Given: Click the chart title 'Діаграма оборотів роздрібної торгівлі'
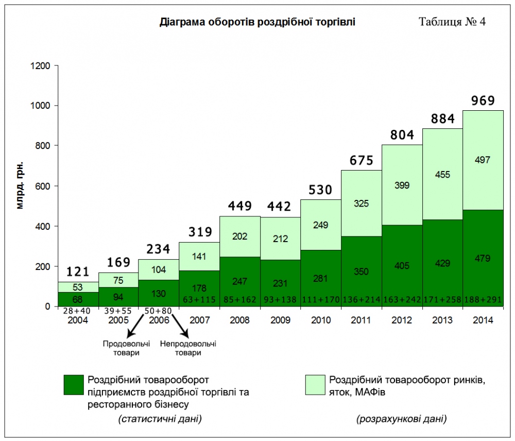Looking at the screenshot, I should click(x=257, y=22).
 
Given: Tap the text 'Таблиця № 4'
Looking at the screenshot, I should click(x=452, y=22).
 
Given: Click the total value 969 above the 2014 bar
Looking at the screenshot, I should click(x=483, y=100).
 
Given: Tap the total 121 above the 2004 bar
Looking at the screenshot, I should click(x=78, y=272).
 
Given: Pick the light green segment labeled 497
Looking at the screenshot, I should click(x=483, y=160).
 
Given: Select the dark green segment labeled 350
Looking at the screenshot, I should click(x=361, y=271).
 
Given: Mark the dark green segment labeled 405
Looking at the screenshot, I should click(x=402, y=266).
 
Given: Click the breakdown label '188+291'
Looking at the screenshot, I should click(x=483, y=299).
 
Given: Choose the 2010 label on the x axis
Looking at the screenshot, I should click(x=320, y=320).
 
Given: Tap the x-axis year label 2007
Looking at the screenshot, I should click(x=199, y=320).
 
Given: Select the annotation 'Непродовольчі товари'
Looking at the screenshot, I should click(x=188, y=348).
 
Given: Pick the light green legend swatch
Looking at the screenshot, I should click(x=315, y=384).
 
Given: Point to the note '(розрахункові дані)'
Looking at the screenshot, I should click(x=401, y=419).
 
